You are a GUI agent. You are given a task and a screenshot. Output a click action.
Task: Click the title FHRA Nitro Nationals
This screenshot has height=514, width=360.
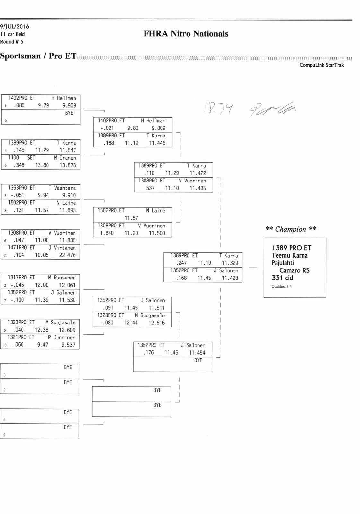(186, 34)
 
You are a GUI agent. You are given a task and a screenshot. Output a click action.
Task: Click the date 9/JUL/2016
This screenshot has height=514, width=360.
(14, 27)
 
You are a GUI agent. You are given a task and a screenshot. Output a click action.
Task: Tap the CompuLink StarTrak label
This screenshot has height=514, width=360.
(321, 65)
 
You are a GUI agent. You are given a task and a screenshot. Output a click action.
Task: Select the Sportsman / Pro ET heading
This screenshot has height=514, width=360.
(38, 56)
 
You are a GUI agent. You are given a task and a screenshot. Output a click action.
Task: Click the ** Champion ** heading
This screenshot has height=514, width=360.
(291, 229)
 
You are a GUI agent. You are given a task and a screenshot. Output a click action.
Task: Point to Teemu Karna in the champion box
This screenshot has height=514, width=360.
(289, 255)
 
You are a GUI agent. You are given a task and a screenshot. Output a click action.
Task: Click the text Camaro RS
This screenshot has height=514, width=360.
(294, 270)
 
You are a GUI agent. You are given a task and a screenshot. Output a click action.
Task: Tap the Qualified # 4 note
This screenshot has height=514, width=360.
(281, 286)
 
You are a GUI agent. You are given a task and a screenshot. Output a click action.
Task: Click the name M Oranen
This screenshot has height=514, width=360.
(65, 158)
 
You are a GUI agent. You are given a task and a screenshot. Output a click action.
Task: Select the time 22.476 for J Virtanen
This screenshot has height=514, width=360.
(67, 255)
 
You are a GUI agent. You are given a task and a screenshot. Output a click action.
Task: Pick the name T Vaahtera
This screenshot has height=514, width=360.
(62, 188)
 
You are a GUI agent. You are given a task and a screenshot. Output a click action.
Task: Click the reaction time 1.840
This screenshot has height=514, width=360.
(107, 233)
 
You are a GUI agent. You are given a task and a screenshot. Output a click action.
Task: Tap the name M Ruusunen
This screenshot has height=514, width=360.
(62, 278)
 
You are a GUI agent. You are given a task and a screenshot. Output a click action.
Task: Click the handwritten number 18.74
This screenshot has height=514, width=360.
(218, 110)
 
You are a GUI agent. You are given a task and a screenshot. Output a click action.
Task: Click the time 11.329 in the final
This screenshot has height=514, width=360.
(230, 263)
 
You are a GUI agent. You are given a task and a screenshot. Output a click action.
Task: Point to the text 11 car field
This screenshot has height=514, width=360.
(13, 34)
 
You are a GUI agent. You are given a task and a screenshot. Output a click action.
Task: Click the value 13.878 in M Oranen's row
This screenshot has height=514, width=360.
(67, 165)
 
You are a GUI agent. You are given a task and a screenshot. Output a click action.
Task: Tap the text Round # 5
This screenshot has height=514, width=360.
(12, 42)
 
